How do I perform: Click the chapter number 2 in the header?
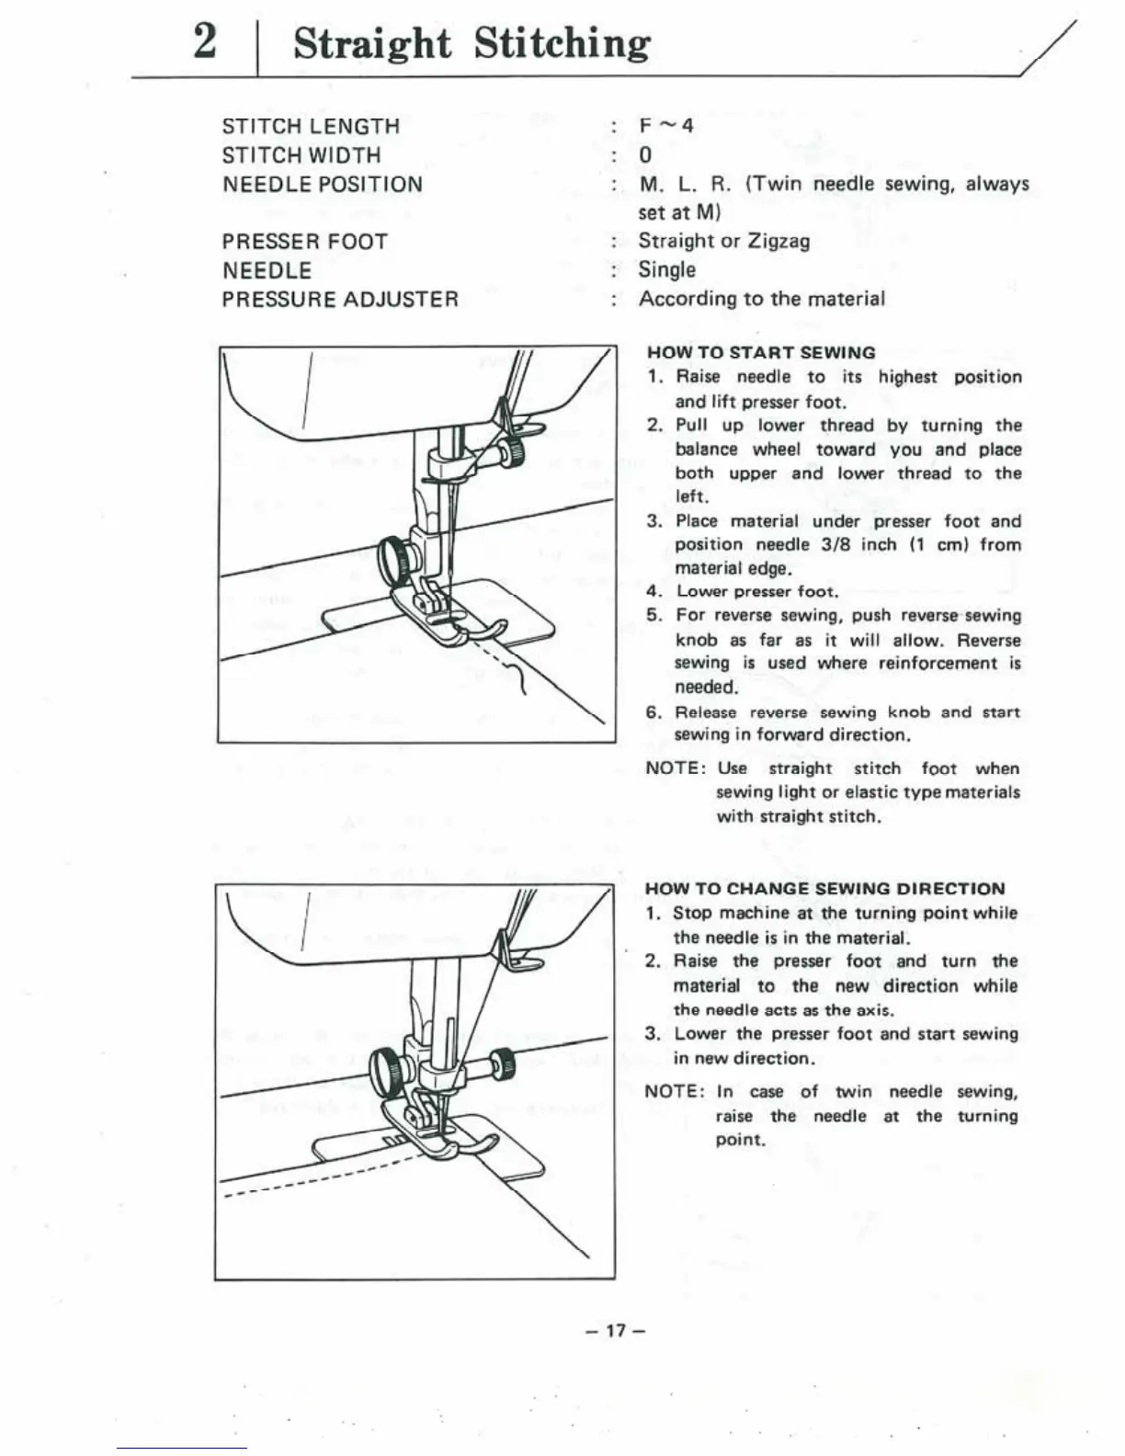[x=205, y=42]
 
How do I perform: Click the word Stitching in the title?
[x=562, y=44]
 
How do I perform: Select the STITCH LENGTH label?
[x=311, y=126]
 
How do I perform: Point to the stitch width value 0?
[x=645, y=154]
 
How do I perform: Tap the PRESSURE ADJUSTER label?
[x=340, y=300]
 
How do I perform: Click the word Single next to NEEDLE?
[x=667, y=270]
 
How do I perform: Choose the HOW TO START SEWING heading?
[x=761, y=352]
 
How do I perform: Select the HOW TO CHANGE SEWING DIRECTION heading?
[x=824, y=889]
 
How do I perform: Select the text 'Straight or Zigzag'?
[x=724, y=241]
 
